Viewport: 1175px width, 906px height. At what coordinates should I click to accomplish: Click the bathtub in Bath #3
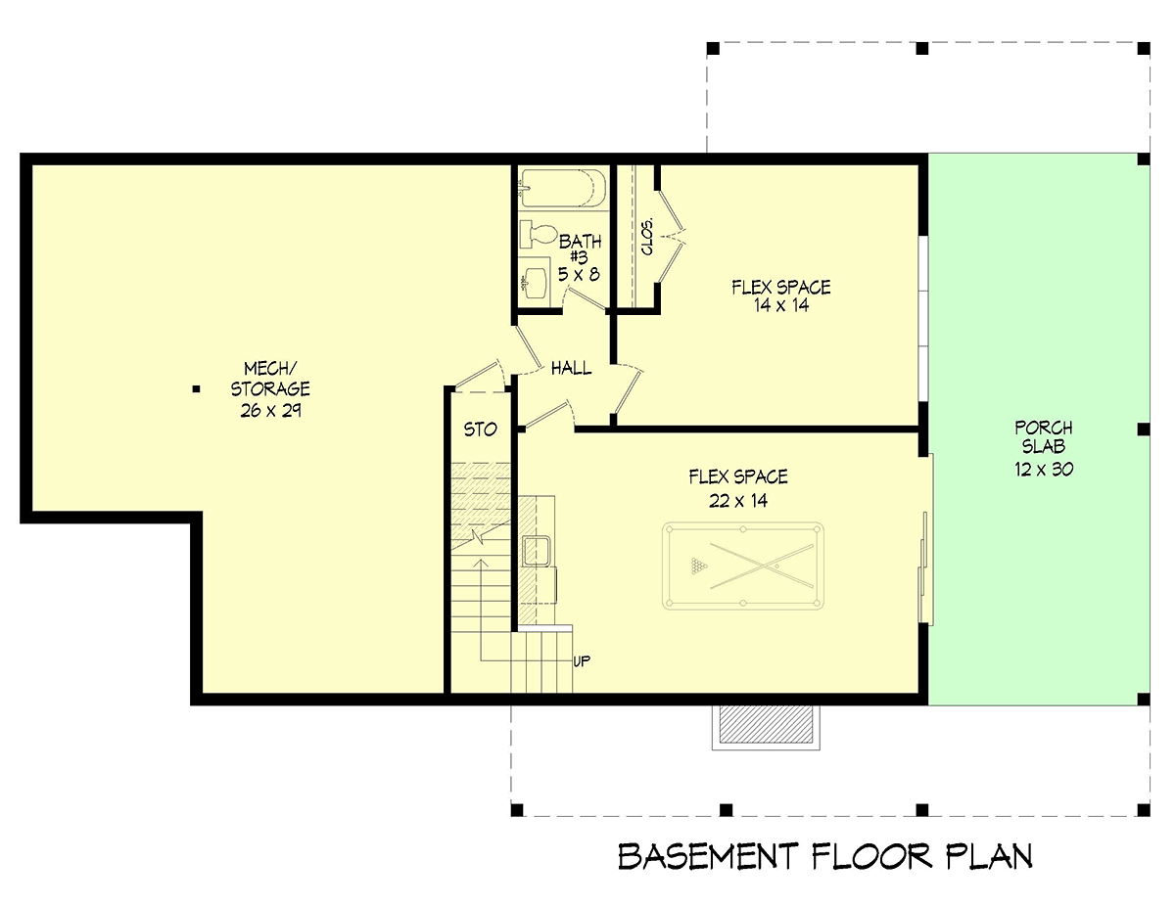pyautogui.click(x=562, y=188)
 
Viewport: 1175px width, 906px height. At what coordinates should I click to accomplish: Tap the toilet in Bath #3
pyautogui.click(x=539, y=235)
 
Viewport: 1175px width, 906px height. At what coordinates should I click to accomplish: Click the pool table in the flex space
pyautogui.click(x=743, y=566)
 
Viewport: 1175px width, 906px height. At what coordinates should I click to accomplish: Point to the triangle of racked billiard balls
pyautogui.click(x=698, y=566)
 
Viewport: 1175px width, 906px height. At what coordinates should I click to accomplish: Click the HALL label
pyautogui.click(x=571, y=369)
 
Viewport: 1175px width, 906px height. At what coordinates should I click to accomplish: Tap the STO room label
pyautogui.click(x=480, y=430)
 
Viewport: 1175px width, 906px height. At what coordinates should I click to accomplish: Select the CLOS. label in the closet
pyautogui.click(x=647, y=237)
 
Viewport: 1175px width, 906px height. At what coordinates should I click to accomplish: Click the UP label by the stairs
pyautogui.click(x=582, y=661)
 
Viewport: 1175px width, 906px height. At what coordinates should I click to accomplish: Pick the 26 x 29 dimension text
pyautogui.click(x=270, y=411)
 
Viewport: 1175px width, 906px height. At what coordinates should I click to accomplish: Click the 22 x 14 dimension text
pyautogui.click(x=738, y=501)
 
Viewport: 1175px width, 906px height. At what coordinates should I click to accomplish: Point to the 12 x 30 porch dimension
pyautogui.click(x=1044, y=469)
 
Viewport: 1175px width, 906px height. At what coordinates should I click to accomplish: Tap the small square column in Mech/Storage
pyautogui.click(x=196, y=389)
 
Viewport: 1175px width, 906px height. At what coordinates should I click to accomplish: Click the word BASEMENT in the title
pyautogui.click(x=708, y=857)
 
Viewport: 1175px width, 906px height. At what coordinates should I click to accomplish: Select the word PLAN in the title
pyautogui.click(x=989, y=857)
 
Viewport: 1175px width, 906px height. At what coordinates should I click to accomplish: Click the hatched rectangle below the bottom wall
pyautogui.click(x=766, y=723)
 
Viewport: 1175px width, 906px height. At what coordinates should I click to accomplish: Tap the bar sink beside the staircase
pyautogui.click(x=536, y=551)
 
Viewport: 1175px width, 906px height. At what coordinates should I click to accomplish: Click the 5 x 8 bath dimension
pyautogui.click(x=579, y=275)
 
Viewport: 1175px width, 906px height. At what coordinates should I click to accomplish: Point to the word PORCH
pyautogui.click(x=1044, y=428)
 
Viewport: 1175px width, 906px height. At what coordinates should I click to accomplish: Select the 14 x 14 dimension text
pyautogui.click(x=781, y=305)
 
